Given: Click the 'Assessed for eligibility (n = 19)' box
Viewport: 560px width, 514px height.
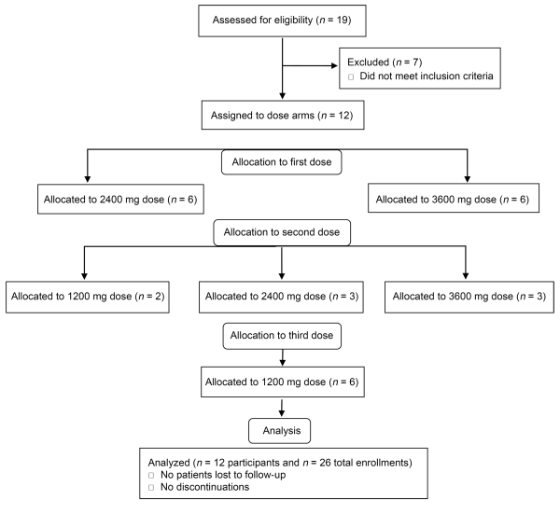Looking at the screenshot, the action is (x=282, y=21).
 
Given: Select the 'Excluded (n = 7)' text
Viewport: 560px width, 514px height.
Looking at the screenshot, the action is (x=385, y=63).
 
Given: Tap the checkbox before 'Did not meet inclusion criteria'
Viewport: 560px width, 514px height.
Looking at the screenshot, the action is (x=351, y=76).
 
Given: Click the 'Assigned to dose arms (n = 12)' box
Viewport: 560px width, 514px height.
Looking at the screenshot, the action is (x=283, y=115).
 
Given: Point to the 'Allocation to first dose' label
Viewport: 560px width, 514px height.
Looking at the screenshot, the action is (x=282, y=162).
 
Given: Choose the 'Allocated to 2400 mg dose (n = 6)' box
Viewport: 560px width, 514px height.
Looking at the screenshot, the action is (x=120, y=200).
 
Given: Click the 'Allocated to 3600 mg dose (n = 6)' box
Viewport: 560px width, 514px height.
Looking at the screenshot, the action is (x=454, y=198).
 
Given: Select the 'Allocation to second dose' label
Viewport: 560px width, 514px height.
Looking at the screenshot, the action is (x=282, y=232).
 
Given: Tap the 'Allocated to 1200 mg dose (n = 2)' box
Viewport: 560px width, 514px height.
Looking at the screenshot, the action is (x=88, y=297).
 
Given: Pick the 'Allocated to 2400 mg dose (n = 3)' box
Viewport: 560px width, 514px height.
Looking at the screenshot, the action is (x=282, y=297).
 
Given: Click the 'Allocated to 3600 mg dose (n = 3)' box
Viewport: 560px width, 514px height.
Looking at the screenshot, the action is (x=469, y=297).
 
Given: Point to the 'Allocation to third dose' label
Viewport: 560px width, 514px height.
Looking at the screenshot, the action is (x=282, y=336).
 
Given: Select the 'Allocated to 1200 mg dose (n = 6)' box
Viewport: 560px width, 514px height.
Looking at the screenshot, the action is (x=283, y=382).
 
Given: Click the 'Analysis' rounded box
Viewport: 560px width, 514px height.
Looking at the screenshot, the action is (x=279, y=431).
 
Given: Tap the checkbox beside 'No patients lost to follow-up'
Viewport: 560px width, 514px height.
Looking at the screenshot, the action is (x=151, y=476).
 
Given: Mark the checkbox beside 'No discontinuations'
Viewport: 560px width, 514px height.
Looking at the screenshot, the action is (x=151, y=488).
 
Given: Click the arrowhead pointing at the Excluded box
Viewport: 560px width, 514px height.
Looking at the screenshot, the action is (x=335, y=65).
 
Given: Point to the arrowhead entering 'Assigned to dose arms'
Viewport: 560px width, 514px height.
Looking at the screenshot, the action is (x=283, y=96).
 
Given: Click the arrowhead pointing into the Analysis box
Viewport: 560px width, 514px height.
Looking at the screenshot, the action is (x=282, y=413).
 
